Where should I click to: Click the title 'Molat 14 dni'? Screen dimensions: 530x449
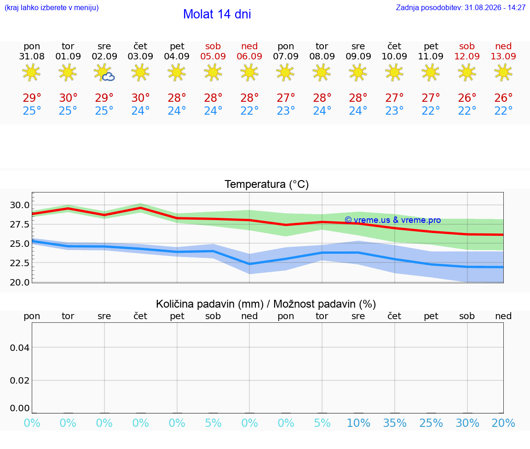[217, 14]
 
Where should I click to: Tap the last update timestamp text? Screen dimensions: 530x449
[461, 7]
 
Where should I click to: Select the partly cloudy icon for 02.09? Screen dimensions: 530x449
[104, 73]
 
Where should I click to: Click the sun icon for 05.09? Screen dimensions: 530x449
[213, 72]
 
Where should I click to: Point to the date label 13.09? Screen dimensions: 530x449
[503, 56]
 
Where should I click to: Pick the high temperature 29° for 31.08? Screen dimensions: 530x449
[32, 98]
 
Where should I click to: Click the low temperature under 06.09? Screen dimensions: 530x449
[249, 111]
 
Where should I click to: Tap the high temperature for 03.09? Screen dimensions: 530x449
[141, 98]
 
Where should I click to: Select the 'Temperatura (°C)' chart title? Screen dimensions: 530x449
[267, 184]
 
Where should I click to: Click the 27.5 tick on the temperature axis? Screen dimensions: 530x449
[20, 224]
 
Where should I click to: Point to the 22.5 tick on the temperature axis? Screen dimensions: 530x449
[20, 263]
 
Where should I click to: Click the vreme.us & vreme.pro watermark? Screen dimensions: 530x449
[393, 220]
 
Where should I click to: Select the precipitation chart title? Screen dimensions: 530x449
[265, 304]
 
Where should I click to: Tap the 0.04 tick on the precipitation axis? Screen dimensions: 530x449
[20, 348]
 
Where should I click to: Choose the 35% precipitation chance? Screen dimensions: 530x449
[395, 423]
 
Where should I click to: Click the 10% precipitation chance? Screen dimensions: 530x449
[359, 423]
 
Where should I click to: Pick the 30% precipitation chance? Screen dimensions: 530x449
[467, 423]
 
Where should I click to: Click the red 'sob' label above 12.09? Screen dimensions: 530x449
[467, 46]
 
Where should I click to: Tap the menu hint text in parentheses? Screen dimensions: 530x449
[52, 7]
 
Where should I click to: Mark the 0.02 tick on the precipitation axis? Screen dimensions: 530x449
[20, 380]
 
